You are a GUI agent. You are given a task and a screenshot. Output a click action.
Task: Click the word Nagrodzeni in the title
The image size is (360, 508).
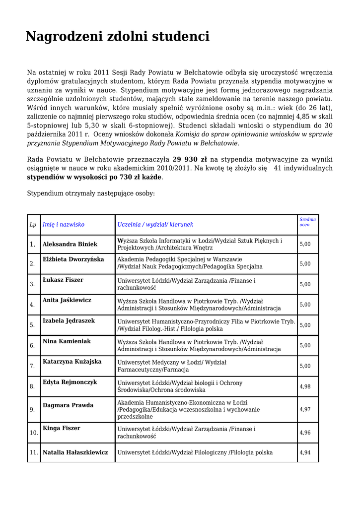[x=65, y=37]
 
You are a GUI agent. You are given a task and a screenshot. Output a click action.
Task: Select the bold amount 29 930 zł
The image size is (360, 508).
[x=190, y=159]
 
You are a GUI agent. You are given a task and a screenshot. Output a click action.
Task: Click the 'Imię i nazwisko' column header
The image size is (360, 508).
[x=64, y=225]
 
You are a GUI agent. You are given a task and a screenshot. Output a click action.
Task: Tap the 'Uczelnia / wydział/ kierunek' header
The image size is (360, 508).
[x=155, y=225]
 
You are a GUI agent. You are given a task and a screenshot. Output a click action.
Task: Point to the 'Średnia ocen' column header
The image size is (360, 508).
[x=307, y=222]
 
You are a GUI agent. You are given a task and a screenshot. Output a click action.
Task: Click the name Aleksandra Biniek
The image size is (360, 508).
[x=70, y=244]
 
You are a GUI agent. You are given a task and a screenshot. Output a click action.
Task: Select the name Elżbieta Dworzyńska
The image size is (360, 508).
[x=73, y=259]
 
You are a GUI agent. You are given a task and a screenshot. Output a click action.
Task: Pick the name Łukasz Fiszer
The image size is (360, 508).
[x=63, y=280]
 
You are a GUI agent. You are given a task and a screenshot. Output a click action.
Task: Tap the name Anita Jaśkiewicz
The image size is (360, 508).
[x=67, y=300]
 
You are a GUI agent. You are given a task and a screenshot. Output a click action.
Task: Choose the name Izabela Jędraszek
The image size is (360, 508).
[x=69, y=320]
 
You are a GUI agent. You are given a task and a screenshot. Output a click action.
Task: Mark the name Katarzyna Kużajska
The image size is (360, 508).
[x=72, y=362]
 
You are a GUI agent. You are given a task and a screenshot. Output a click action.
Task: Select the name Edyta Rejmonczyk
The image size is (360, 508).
[x=70, y=382]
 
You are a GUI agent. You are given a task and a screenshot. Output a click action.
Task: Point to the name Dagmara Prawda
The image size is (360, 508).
[x=68, y=405]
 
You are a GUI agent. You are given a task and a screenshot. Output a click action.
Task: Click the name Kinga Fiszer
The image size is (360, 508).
[x=62, y=428]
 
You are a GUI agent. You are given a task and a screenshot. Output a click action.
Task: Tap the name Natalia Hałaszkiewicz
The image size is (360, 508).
[x=75, y=452]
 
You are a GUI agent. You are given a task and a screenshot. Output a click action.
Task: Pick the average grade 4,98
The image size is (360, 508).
[x=305, y=386]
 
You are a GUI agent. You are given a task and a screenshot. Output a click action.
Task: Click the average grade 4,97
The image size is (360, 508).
[x=305, y=410]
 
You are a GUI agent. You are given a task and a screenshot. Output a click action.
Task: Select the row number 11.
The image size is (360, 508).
[x=34, y=452]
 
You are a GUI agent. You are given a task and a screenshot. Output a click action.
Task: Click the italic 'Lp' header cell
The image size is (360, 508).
[x=33, y=225]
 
